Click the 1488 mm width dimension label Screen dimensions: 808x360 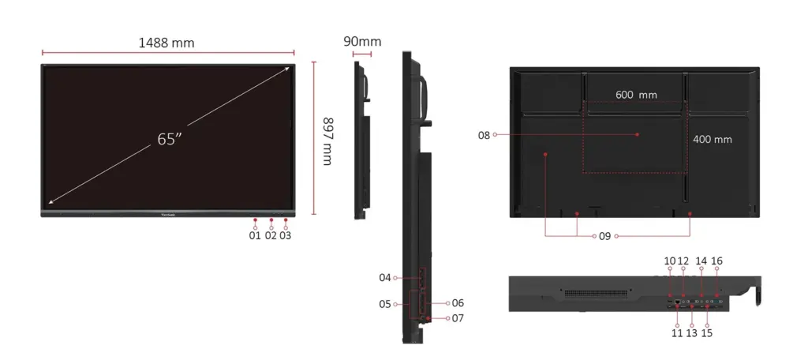[166, 43]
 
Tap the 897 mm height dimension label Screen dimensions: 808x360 [327, 141]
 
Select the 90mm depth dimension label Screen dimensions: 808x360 [363, 41]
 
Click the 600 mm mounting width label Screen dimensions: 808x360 [636, 95]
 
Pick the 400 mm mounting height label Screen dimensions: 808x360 [713, 139]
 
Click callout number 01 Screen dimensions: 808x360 [255, 236]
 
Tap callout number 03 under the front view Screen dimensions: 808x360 [285, 236]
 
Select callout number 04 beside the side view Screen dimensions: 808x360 [385, 277]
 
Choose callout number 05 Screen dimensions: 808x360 [385, 304]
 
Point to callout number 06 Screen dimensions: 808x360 [458, 303]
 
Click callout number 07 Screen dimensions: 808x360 [458, 318]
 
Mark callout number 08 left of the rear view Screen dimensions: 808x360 [484, 136]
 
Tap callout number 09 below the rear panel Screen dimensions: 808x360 [604, 236]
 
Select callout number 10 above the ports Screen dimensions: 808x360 [669, 261]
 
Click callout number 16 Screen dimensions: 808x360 [716, 261]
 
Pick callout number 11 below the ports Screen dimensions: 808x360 [677, 332]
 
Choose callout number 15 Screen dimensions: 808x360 [707, 332]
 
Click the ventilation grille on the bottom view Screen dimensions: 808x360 [597, 294]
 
